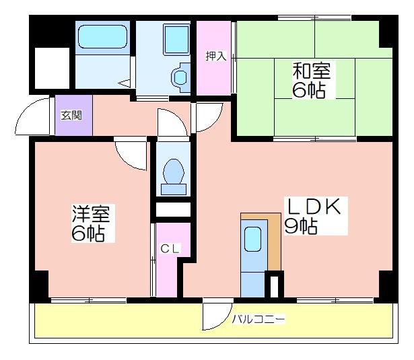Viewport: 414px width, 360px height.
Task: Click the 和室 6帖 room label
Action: click(312, 80)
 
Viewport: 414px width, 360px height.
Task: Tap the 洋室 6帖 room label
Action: click(91, 223)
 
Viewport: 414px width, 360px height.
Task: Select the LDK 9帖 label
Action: click(313, 216)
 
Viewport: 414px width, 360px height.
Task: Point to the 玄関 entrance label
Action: click(71, 115)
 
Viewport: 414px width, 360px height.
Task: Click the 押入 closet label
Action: click(216, 56)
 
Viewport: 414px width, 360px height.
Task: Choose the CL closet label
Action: click(170, 248)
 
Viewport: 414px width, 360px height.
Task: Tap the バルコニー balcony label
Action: click(258, 320)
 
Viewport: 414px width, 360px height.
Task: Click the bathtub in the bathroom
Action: click(102, 37)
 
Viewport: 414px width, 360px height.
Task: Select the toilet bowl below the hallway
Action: click(174, 172)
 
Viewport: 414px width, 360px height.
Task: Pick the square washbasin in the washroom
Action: click(176, 39)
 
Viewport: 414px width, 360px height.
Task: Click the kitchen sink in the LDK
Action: click(252, 239)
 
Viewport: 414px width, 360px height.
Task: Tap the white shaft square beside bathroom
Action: click(52, 68)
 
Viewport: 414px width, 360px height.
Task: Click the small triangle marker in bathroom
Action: click(124, 83)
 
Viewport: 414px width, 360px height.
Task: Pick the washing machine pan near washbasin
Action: click(180, 77)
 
